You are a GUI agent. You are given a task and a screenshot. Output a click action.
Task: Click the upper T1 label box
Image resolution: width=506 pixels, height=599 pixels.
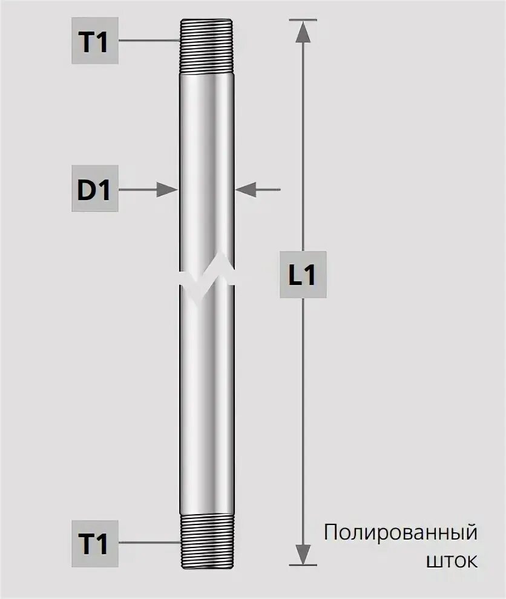(95, 41)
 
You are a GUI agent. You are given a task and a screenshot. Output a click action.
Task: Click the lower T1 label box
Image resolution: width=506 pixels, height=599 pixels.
(95, 544)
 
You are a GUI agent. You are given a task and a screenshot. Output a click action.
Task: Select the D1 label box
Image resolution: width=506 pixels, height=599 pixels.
(95, 190)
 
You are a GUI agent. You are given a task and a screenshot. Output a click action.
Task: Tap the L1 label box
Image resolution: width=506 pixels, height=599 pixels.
(303, 274)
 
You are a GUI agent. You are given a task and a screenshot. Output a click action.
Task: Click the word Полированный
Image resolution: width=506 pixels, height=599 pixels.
(401, 534)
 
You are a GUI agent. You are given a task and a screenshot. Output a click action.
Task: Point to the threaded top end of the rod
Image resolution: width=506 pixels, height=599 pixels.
(207, 46)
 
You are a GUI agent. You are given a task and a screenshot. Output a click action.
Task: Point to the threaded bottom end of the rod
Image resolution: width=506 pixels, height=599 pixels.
(207, 541)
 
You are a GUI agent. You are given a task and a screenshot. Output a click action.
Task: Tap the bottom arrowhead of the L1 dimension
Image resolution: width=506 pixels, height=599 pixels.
(303, 554)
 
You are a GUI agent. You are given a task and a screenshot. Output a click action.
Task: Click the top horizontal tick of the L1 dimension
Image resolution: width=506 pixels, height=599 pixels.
(303, 20)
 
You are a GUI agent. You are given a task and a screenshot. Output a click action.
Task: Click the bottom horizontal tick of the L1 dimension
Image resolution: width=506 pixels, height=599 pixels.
(303, 565)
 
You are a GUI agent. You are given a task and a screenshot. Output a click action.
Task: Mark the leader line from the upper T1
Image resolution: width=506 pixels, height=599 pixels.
(148, 41)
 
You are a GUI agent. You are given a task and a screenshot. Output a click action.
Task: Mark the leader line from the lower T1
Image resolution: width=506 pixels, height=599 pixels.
(148, 544)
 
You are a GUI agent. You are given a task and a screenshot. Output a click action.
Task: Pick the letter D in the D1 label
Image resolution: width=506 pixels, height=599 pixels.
(87, 190)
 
